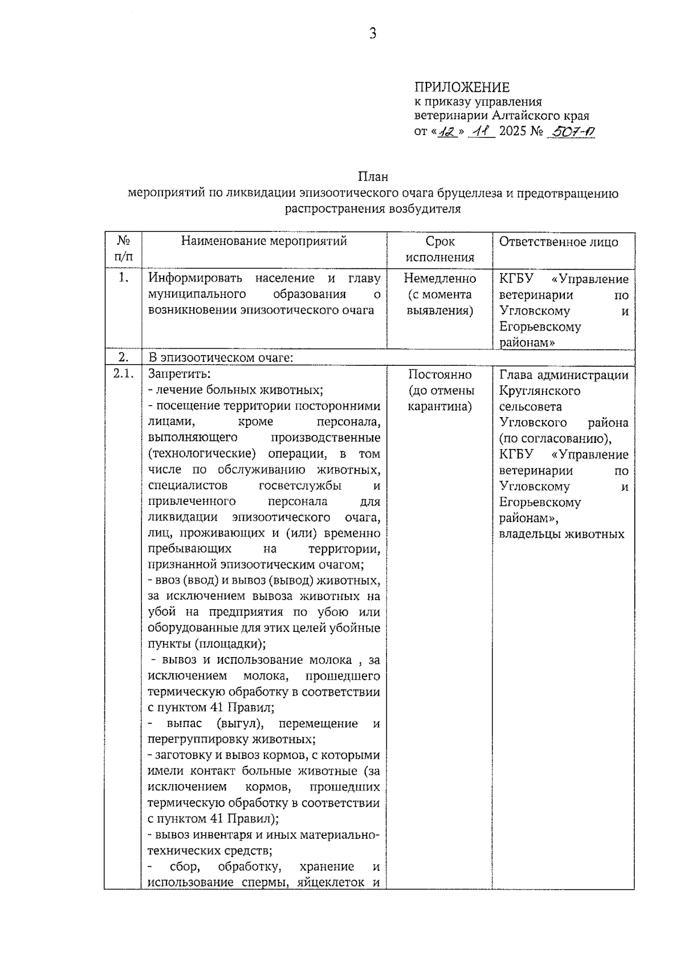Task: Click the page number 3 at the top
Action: (372, 34)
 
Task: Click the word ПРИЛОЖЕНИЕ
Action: (462, 87)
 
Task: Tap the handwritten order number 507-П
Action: (571, 132)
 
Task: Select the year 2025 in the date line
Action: (512, 132)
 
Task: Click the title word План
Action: (373, 177)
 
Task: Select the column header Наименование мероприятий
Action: (264, 241)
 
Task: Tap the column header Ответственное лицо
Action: (558, 242)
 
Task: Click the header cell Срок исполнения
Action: (439, 249)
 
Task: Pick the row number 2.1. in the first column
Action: (123, 374)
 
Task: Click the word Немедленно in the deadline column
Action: (439, 279)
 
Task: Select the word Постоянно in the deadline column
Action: (439, 374)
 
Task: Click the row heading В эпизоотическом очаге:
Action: (220, 358)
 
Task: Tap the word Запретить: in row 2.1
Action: (179, 374)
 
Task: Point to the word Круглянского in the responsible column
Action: (539, 391)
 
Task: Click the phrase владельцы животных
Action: (561, 534)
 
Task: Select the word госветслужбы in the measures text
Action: (300, 485)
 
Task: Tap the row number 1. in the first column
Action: (123, 278)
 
